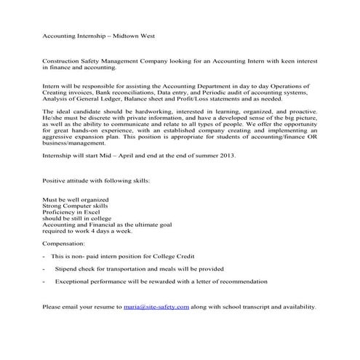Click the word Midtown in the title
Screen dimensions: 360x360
point(127,34)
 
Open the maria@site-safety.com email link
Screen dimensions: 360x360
point(157,308)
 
